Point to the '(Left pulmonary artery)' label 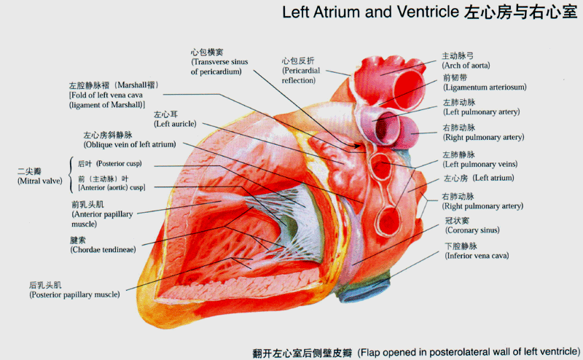point(481,112)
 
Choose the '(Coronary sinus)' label point(472,230)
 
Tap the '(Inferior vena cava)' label point(477,256)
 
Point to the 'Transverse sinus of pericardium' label point(219,67)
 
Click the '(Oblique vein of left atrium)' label point(129,145)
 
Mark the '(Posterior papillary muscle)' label point(74,295)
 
